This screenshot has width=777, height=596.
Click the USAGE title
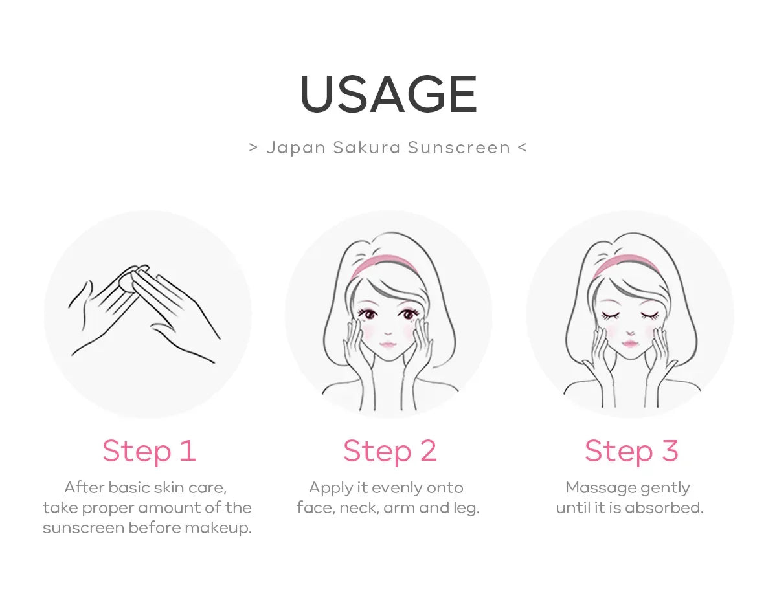coord(388,94)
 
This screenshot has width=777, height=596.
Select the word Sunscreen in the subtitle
coord(459,148)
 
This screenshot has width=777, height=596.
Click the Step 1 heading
coord(149,451)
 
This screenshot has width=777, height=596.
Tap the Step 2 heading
coord(390,451)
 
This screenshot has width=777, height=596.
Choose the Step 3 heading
coord(631,451)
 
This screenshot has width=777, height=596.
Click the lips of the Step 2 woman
coord(388,344)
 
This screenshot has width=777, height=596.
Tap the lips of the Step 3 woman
coord(630,344)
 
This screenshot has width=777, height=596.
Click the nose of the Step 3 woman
coord(630,333)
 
